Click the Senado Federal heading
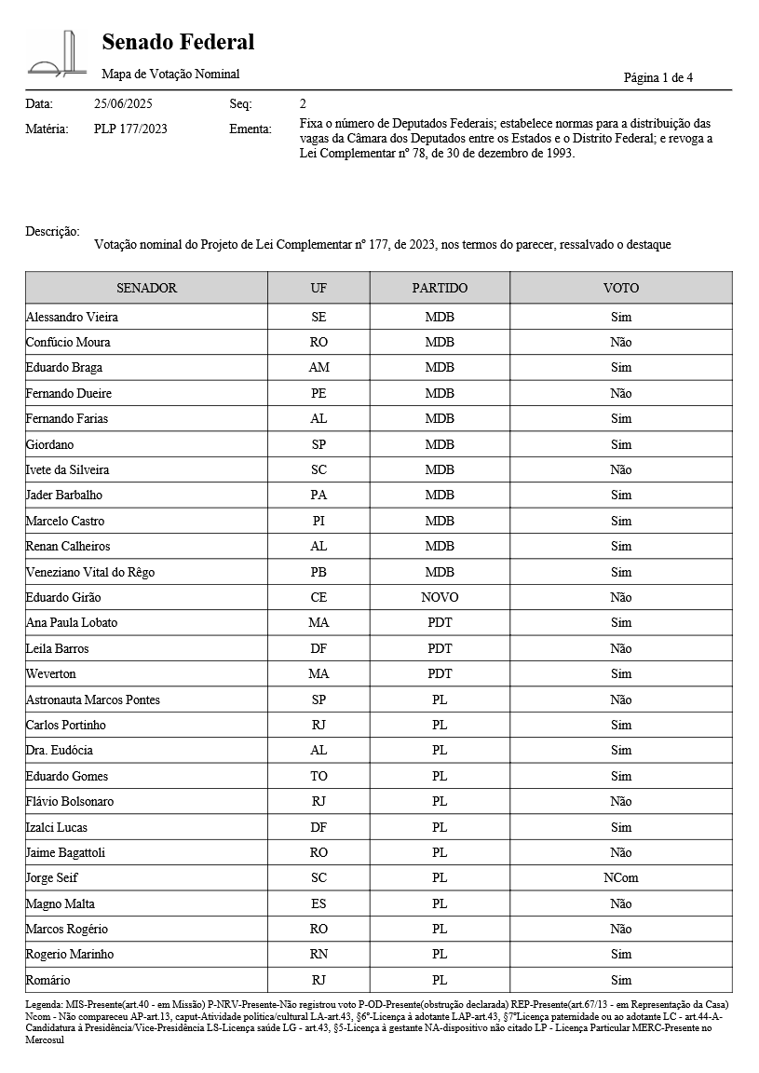178,42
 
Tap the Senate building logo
57,54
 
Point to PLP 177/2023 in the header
130,129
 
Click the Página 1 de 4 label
657,77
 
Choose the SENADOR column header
146,288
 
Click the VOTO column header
620,288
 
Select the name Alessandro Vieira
72,317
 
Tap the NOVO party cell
440,597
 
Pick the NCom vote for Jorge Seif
620,877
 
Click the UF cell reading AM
319,368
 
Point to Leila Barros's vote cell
620,648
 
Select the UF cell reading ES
319,903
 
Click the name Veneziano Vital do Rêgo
90,572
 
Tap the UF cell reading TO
319,776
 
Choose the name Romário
47,980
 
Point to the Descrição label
52,231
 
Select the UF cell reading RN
319,954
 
